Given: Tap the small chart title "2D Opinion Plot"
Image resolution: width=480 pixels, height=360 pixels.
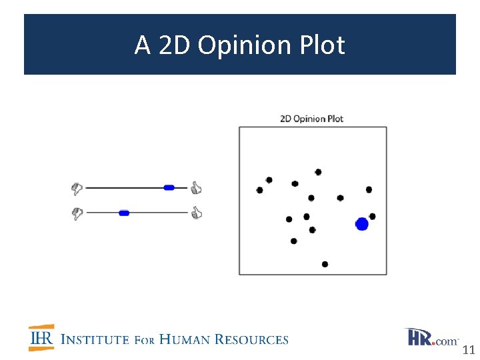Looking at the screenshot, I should coord(311,119).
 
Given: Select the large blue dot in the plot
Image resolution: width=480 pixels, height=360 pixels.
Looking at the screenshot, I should coord(362,224).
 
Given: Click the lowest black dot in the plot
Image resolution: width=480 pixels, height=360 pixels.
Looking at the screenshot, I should coord(325,264).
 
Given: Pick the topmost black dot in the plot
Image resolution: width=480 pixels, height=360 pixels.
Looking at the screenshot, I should coord(318,172).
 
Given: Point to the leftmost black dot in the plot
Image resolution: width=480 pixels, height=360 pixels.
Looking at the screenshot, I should coord(259,190).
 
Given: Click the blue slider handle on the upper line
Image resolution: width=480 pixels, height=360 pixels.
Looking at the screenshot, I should coord(169,188).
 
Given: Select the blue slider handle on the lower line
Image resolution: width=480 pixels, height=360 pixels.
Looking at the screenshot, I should coord(124,213).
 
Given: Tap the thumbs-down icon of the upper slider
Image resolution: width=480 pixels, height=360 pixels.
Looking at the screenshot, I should coord(77,189).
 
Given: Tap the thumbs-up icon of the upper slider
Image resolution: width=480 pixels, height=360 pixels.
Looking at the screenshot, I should coord(196,188).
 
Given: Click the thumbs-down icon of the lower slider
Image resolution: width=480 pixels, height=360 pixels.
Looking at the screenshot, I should coord(77,213).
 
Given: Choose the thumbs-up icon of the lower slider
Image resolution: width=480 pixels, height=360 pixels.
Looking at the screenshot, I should coord(196,213).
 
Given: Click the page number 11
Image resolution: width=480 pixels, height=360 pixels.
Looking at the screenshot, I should coord(468,350).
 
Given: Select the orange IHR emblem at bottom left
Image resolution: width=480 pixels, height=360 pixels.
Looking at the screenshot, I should coord(41,338).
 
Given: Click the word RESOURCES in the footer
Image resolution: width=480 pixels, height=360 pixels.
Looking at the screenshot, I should coord(253,340).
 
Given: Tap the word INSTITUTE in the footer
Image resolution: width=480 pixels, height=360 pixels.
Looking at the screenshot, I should coord(95,340).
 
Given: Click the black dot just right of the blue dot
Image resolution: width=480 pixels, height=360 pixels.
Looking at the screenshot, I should coord(372,216).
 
